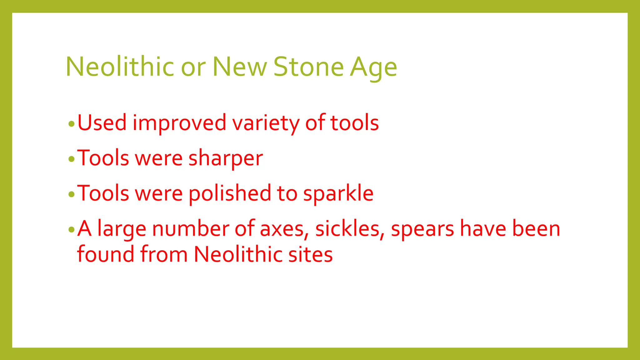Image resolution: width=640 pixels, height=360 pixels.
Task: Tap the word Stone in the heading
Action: click(308, 67)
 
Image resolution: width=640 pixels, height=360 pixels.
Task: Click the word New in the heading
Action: click(240, 67)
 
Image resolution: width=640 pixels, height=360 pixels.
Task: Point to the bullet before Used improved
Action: click(72, 124)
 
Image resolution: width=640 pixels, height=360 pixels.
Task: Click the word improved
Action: click(179, 123)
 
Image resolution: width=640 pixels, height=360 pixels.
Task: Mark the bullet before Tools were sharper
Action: click(72, 159)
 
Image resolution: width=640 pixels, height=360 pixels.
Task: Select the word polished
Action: click(230, 193)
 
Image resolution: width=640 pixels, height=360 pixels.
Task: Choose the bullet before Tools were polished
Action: click(72, 194)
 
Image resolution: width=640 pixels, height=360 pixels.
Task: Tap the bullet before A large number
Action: click(72, 230)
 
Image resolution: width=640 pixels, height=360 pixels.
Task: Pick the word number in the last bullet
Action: click(191, 229)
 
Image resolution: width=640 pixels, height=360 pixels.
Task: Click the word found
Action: click(106, 254)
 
